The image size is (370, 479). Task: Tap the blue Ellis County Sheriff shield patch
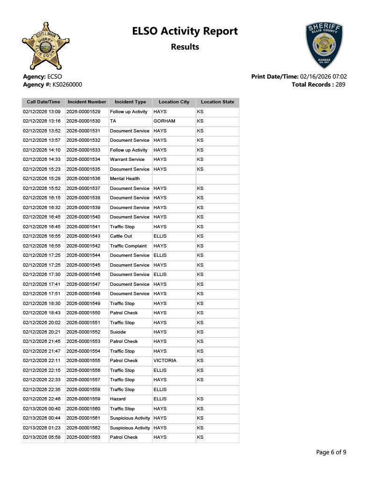click(324, 45)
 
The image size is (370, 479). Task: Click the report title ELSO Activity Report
click(185, 31)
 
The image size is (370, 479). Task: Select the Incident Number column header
click(87, 102)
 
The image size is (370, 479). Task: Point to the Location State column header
click(218, 102)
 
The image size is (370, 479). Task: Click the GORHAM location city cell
click(164, 121)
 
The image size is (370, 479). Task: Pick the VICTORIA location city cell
click(165, 361)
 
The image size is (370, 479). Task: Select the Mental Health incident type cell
click(125, 179)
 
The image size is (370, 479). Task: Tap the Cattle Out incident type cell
click(121, 236)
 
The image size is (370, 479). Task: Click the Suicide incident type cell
click(118, 332)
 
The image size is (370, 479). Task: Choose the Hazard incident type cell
click(117, 399)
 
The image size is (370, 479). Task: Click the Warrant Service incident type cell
click(127, 160)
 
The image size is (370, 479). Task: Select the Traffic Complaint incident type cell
click(128, 246)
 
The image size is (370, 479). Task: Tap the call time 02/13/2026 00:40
click(42, 409)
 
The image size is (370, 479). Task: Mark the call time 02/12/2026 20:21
click(42, 332)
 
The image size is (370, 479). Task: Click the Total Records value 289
click(341, 85)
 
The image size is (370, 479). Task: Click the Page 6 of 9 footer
click(331, 452)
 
